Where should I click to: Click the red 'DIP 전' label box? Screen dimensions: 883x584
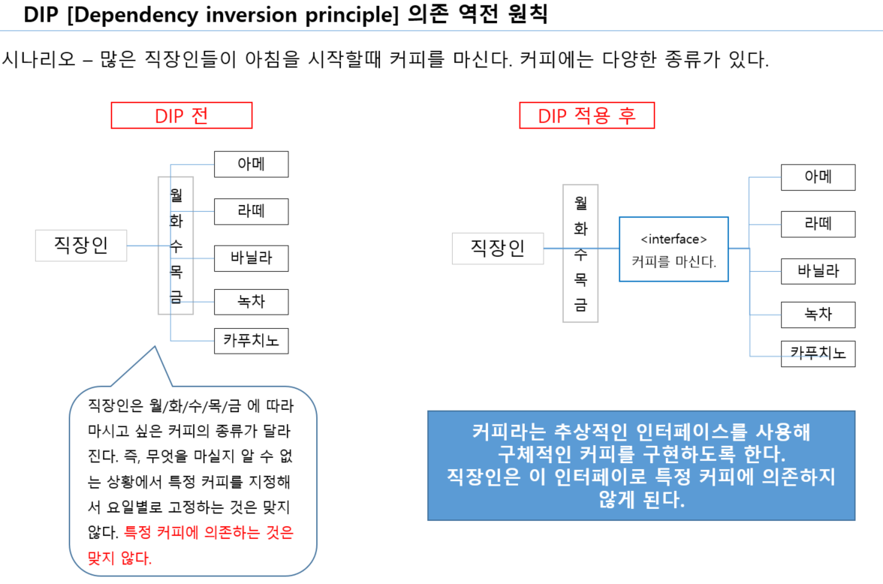(x=182, y=116)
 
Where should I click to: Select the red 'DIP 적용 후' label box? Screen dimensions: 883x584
(x=586, y=116)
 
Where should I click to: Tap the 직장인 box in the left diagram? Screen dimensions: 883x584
(x=81, y=245)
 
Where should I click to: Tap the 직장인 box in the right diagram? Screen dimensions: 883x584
(x=497, y=248)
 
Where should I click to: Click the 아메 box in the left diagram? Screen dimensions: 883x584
(x=251, y=164)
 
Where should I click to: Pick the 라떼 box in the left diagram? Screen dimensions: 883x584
(x=251, y=212)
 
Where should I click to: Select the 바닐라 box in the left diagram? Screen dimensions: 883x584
(x=251, y=258)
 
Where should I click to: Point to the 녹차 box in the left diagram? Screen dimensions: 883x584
(x=251, y=302)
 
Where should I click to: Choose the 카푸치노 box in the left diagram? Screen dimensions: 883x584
(x=251, y=341)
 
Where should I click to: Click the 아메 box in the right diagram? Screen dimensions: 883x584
(x=818, y=177)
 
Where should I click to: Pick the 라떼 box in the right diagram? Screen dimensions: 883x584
(x=818, y=224)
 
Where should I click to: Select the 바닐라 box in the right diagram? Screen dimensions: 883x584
(x=818, y=271)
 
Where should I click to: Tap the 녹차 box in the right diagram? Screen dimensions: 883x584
(x=818, y=315)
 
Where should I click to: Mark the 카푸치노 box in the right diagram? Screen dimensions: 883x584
(x=818, y=353)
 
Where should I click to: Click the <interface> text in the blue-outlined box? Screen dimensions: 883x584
(x=674, y=239)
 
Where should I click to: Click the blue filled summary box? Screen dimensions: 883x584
(x=641, y=465)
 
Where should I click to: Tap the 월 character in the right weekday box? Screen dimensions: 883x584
(x=580, y=202)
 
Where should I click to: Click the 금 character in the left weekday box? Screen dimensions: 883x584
(x=176, y=297)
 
